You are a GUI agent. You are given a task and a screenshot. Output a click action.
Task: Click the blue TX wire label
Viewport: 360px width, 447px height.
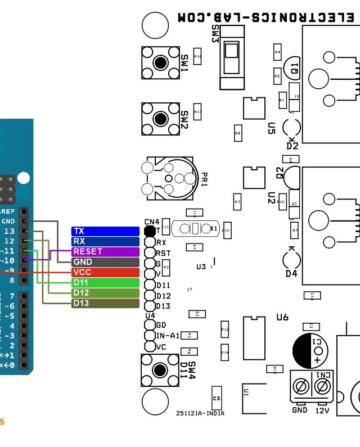click(105, 231)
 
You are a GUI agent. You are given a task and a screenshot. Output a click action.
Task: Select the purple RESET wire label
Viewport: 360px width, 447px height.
click(105, 251)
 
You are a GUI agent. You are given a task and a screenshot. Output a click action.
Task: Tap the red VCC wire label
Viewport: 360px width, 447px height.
click(105, 272)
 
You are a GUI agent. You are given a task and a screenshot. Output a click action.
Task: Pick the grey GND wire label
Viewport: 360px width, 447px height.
click(105, 262)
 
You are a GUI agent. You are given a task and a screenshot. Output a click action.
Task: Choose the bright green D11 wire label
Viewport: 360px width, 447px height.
click(105, 282)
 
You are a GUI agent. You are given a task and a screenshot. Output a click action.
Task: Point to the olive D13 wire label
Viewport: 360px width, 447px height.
click(105, 303)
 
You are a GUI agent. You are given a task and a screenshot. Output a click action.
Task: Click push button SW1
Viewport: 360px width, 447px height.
click(160, 62)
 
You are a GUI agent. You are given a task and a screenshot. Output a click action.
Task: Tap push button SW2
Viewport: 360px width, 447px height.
click(160, 119)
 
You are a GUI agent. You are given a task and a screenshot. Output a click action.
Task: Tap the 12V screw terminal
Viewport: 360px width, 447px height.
click(322, 386)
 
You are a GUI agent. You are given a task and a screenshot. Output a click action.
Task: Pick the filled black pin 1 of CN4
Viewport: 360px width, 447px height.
click(150, 231)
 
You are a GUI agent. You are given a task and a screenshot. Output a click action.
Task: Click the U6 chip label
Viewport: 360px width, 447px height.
click(282, 318)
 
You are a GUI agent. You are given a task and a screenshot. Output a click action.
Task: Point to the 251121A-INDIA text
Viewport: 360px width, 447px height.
click(200, 413)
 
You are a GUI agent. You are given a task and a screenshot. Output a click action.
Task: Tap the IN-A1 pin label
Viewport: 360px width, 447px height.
click(167, 336)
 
